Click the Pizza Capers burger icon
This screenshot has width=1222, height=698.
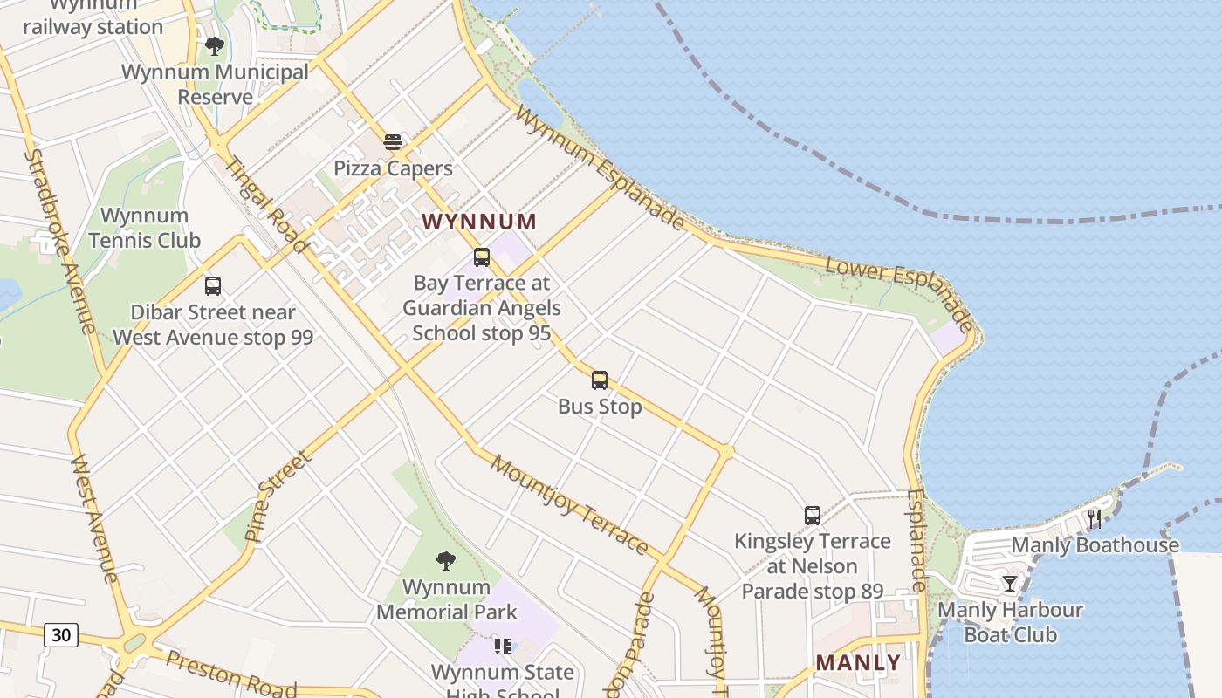tap(393, 141)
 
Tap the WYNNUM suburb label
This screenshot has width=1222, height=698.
tap(479, 222)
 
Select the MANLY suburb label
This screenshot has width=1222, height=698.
tap(858, 663)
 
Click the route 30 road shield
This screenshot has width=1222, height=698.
tap(61, 635)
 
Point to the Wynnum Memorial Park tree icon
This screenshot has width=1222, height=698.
tap(446, 560)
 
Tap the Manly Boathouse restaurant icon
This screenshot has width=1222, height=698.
tap(1095, 519)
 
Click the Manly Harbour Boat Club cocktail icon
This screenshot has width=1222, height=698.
tap(1010, 584)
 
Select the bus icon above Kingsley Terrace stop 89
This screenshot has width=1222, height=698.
tap(813, 516)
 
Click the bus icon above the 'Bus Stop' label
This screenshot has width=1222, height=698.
tap(600, 380)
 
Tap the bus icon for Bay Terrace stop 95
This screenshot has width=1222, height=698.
tap(482, 257)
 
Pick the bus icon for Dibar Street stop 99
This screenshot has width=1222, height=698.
tap(212, 286)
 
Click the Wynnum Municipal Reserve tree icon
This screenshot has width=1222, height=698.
tap(215, 45)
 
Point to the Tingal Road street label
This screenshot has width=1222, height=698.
tap(266, 205)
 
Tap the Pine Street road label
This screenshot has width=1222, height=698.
tap(278, 496)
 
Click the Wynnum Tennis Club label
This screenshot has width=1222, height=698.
tap(144, 228)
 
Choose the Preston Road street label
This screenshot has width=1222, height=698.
tap(230, 674)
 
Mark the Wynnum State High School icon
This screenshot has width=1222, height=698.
tap(503, 647)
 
